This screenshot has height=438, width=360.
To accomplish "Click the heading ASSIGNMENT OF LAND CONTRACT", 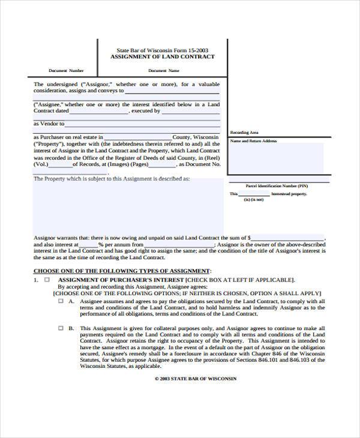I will (162, 57).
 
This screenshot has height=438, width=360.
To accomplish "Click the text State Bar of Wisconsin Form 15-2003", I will (162, 50).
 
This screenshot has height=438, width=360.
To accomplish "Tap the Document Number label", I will (66, 71).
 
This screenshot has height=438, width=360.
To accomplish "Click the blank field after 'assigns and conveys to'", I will (172, 91).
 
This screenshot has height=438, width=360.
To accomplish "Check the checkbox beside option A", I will (60, 301).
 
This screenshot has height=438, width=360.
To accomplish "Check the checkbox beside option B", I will (60, 328).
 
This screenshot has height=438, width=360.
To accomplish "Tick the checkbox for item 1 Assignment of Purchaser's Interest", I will (47, 280).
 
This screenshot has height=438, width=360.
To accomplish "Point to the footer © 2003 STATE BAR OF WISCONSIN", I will (196, 379).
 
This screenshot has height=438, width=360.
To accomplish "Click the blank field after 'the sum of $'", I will (288, 238).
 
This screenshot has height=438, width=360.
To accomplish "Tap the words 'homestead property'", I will (289, 194).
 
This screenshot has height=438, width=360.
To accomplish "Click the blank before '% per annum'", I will (89, 245).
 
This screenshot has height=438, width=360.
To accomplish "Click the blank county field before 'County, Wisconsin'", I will (138, 137).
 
